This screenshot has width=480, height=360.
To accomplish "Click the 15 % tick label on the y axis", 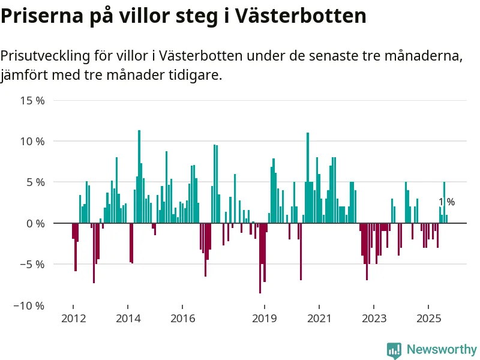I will tap(32, 100).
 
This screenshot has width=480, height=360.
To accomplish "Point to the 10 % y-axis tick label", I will tap(32, 142).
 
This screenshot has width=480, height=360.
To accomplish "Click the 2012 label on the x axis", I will tap(73, 318).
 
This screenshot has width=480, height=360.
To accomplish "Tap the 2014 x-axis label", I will tap(128, 318).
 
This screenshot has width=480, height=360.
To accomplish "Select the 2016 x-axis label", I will tap(182, 318).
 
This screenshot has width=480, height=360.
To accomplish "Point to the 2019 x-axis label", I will tap(265, 318).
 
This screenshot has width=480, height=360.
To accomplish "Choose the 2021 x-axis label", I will tap(319, 318).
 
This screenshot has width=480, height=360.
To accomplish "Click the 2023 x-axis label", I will tap(374, 318).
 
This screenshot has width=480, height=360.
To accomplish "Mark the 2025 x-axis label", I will tap(429, 318).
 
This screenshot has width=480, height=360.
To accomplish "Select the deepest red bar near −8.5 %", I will tap(260, 258).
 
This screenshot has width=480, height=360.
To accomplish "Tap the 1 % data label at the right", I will tap(446, 202).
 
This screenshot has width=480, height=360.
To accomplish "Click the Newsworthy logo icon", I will tap(394, 350).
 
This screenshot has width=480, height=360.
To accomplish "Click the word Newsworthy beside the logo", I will tap(442, 349).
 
